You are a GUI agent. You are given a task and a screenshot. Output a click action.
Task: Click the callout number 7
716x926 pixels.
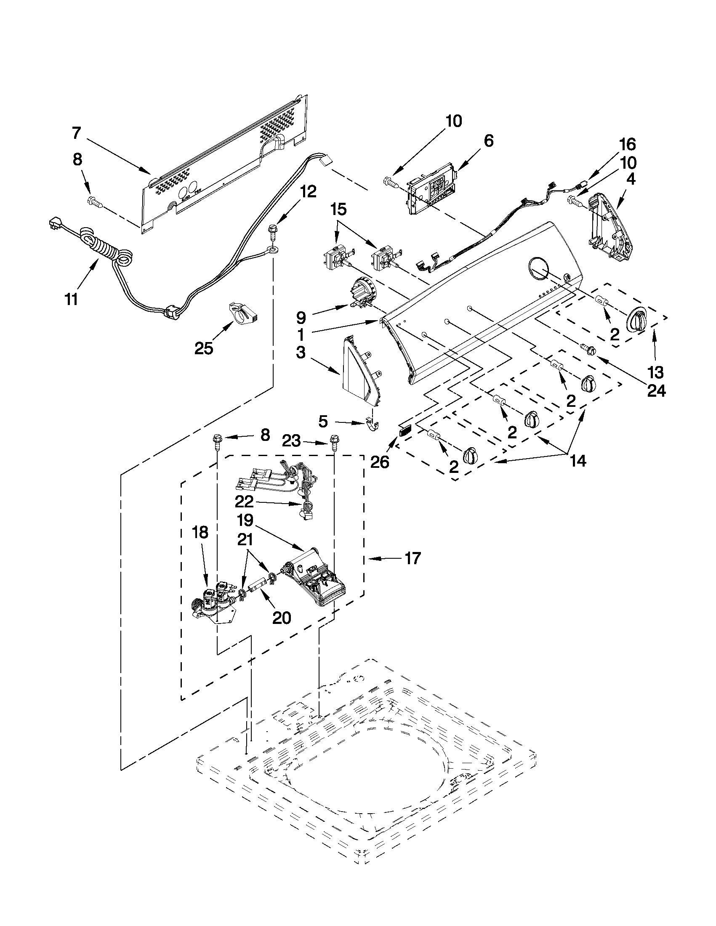click(76, 133)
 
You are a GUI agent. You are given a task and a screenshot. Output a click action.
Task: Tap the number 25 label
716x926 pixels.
click(204, 348)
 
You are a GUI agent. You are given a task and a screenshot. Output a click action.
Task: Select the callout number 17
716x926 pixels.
click(412, 558)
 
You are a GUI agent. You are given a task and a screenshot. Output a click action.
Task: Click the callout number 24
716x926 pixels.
click(656, 390)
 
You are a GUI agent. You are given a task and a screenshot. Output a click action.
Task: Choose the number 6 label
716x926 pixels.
click(489, 141)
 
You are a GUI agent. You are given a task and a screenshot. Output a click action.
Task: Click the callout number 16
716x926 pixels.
click(628, 145)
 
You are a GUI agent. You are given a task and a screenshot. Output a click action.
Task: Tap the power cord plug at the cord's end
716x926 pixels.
click(54, 224)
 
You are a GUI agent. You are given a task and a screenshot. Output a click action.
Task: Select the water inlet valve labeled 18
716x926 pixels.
click(212, 602)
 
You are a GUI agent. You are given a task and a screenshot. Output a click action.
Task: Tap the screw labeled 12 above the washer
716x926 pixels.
click(272, 232)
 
